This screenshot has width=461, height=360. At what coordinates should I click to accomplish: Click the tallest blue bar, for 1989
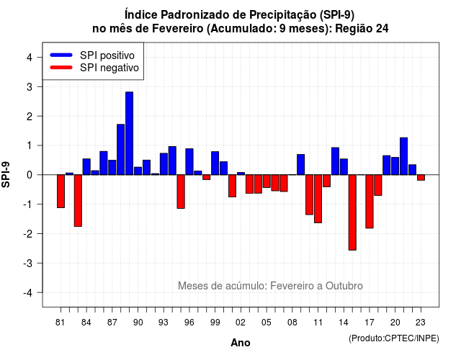click(x=129, y=133)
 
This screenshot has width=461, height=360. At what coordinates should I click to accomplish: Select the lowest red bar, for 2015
click(x=352, y=212)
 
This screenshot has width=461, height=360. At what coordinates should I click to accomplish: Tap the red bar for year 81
click(x=61, y=191)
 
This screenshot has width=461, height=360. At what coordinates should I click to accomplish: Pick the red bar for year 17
click(x=370, y=202)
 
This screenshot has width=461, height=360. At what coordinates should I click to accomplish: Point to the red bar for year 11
click(x=318, y=199)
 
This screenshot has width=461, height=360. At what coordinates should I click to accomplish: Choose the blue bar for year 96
click(x=189, y=161)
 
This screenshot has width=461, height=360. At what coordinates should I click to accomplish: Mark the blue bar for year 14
click(x=344, y=166)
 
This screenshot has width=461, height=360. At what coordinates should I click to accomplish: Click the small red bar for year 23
click(x=421, y=178)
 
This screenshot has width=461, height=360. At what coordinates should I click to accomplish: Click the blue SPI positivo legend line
click(x=61, y=55)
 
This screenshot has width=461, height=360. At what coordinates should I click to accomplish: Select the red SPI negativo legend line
click(x=61, y=68)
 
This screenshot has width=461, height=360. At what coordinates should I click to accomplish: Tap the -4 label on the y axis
click(x=29, y=293)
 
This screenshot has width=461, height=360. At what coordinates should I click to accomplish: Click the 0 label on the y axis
click(x=30, y=175)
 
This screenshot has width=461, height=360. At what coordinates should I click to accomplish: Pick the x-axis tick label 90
click(x=138, y=323)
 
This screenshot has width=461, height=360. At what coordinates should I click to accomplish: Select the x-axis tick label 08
click(x=292, y=323)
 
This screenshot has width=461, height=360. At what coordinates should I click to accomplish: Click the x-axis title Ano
click(x=241, y=343)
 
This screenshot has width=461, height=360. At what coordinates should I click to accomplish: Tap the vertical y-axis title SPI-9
click(x=6, y=174)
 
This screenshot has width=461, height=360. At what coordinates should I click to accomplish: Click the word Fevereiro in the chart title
click(x=178, y=29)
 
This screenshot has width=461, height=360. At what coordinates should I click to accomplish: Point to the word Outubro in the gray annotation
click(x=344, y=286)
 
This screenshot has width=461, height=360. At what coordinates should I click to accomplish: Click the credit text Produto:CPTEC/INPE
click(x=394, y=338)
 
